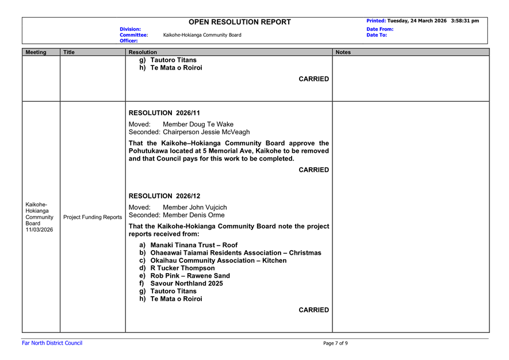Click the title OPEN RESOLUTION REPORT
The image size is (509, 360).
click(x=239, y=22)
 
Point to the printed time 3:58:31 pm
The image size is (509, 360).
click(x=465, y=21)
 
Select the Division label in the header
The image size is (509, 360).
click(x=130, y=28)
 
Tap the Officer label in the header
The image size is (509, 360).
click(x=129, y=41)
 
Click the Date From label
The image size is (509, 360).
click(x=380, y=28)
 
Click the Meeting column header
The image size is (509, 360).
click(x=36, y=52)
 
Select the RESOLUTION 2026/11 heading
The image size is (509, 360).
click(x=164, y=113)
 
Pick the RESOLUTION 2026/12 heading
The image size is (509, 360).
click(x=164, y=196)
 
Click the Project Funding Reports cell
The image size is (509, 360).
click(x=93, y=217)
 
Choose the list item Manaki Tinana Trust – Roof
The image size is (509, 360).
click(x=194, y=245)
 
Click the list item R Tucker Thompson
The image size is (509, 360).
click(x=182, y=268)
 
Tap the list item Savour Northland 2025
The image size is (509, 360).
click(x=186, y=284)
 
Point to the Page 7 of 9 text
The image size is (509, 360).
click(x=335, y=343)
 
